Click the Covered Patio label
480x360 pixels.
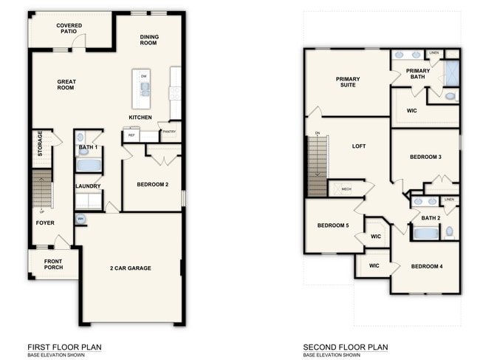[69, 29]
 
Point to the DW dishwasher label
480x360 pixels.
[144, 75]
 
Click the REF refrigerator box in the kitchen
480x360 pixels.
[131, 136]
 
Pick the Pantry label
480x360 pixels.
[169, 132]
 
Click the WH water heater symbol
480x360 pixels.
[80, 219]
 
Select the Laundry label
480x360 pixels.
[87, 186]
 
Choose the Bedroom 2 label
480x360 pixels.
[153, 184]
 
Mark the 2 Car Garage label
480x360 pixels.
[131, 268]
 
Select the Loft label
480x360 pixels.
[359, 146]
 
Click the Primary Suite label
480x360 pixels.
[346, 82]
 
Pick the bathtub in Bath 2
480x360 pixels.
[425, 234]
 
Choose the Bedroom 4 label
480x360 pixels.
[427, 266]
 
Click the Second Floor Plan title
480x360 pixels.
[345, 347]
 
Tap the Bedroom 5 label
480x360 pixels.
[333, 226]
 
